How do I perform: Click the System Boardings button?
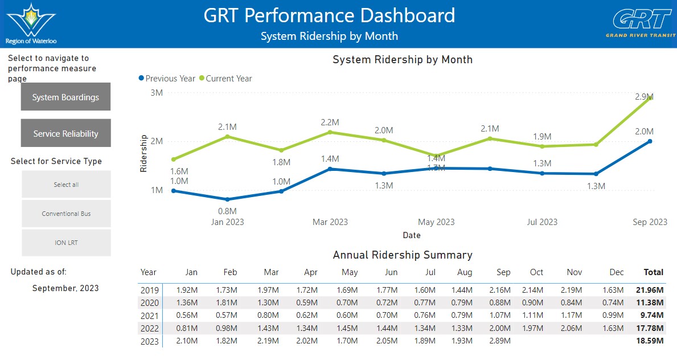pyautogui.click(x=65, y=97)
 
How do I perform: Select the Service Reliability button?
pyautogui.click(x=65, y=134)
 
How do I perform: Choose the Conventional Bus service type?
pyautogui.click(x=66, y=214)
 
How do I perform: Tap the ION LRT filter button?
pyautogui.click(x=66, y=243)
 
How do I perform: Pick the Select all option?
pyautogui.click(x=66, y=185)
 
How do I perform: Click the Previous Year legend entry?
pyautogui.click(x=167, y=79)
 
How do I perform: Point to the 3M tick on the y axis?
pyautogui.click(x=157, y=93)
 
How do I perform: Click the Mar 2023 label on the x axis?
pyautogui.click(x=330, y=222)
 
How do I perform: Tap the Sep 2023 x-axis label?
pyautogui.click(x=650, y=222)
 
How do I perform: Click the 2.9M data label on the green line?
pyautogui.click(x=644, y=97)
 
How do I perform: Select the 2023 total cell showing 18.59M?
pyautogui.click(x=650, y=341)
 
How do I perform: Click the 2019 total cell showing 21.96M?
pyautogui.click(x=650, y=290)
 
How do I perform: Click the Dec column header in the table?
pyautogui.click(x=617, y=272)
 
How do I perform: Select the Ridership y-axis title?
pyautogui.click(x=143, y=154)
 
